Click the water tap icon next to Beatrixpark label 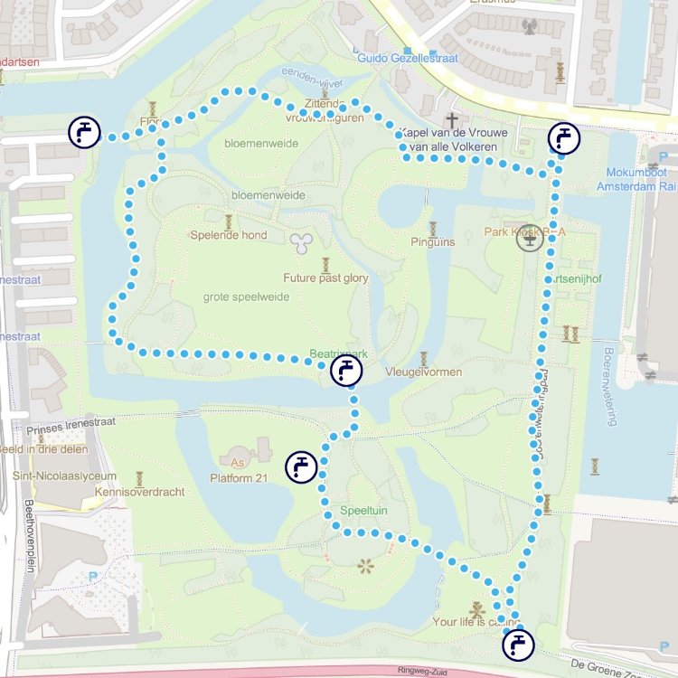coord(346,371)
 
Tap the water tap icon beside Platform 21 coord(301,466)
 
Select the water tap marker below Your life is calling coord(518,645)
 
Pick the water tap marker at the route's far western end coord(84,132)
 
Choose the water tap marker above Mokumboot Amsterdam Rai coord(564,138)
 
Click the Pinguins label coord(433,242)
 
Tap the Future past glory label coord(325,278)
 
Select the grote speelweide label coord(246,297)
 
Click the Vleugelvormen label coord(424,372)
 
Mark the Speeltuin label coord(364,511)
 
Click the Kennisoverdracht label coord(138,493)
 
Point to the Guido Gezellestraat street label coord(408,59)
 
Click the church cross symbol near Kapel coord(451,119)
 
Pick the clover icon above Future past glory coord(300,241)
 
